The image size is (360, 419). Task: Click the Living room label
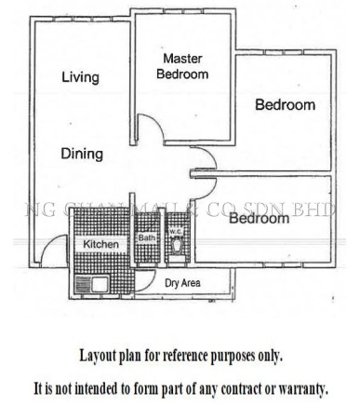80,78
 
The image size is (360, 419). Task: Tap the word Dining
82,155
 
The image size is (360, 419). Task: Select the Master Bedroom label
182,66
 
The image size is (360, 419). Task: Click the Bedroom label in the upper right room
285,105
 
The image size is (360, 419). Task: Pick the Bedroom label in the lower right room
258,220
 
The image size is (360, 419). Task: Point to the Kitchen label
101,244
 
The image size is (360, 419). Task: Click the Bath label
147,238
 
